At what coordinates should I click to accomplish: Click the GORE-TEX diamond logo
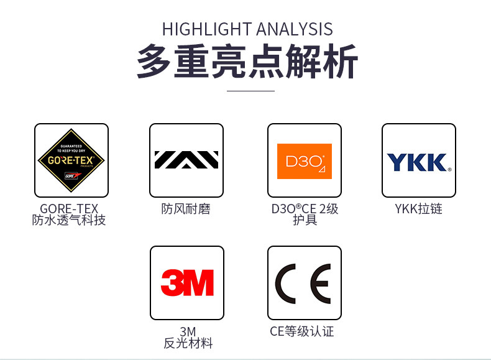click(x=71, y=160)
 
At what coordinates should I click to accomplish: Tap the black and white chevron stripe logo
click(x=186, y=160)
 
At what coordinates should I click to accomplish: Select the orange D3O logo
click(x=305, y=161)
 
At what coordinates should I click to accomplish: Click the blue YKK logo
click(x=418, y=162)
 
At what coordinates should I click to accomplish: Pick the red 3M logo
click(x=186, y=282)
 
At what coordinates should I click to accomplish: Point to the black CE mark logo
click(x=304, y=282)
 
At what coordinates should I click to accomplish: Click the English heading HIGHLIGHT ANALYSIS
click(x=247, y=29)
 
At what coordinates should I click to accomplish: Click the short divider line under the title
click(x=250, y=91)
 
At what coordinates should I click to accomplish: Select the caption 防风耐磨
click(x=186, y=209)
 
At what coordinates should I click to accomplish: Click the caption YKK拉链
click(x=418, y=209)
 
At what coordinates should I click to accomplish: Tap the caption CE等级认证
click(x=302, y=331)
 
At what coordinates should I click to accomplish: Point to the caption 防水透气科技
click(x=69, y=220)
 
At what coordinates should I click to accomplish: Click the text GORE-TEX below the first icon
click(x=69, y=209)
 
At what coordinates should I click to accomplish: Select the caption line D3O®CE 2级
click(x=305, y=209)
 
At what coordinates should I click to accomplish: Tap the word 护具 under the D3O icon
click(x=305, y=220)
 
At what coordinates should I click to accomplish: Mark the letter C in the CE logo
click(x=287, y=282)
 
